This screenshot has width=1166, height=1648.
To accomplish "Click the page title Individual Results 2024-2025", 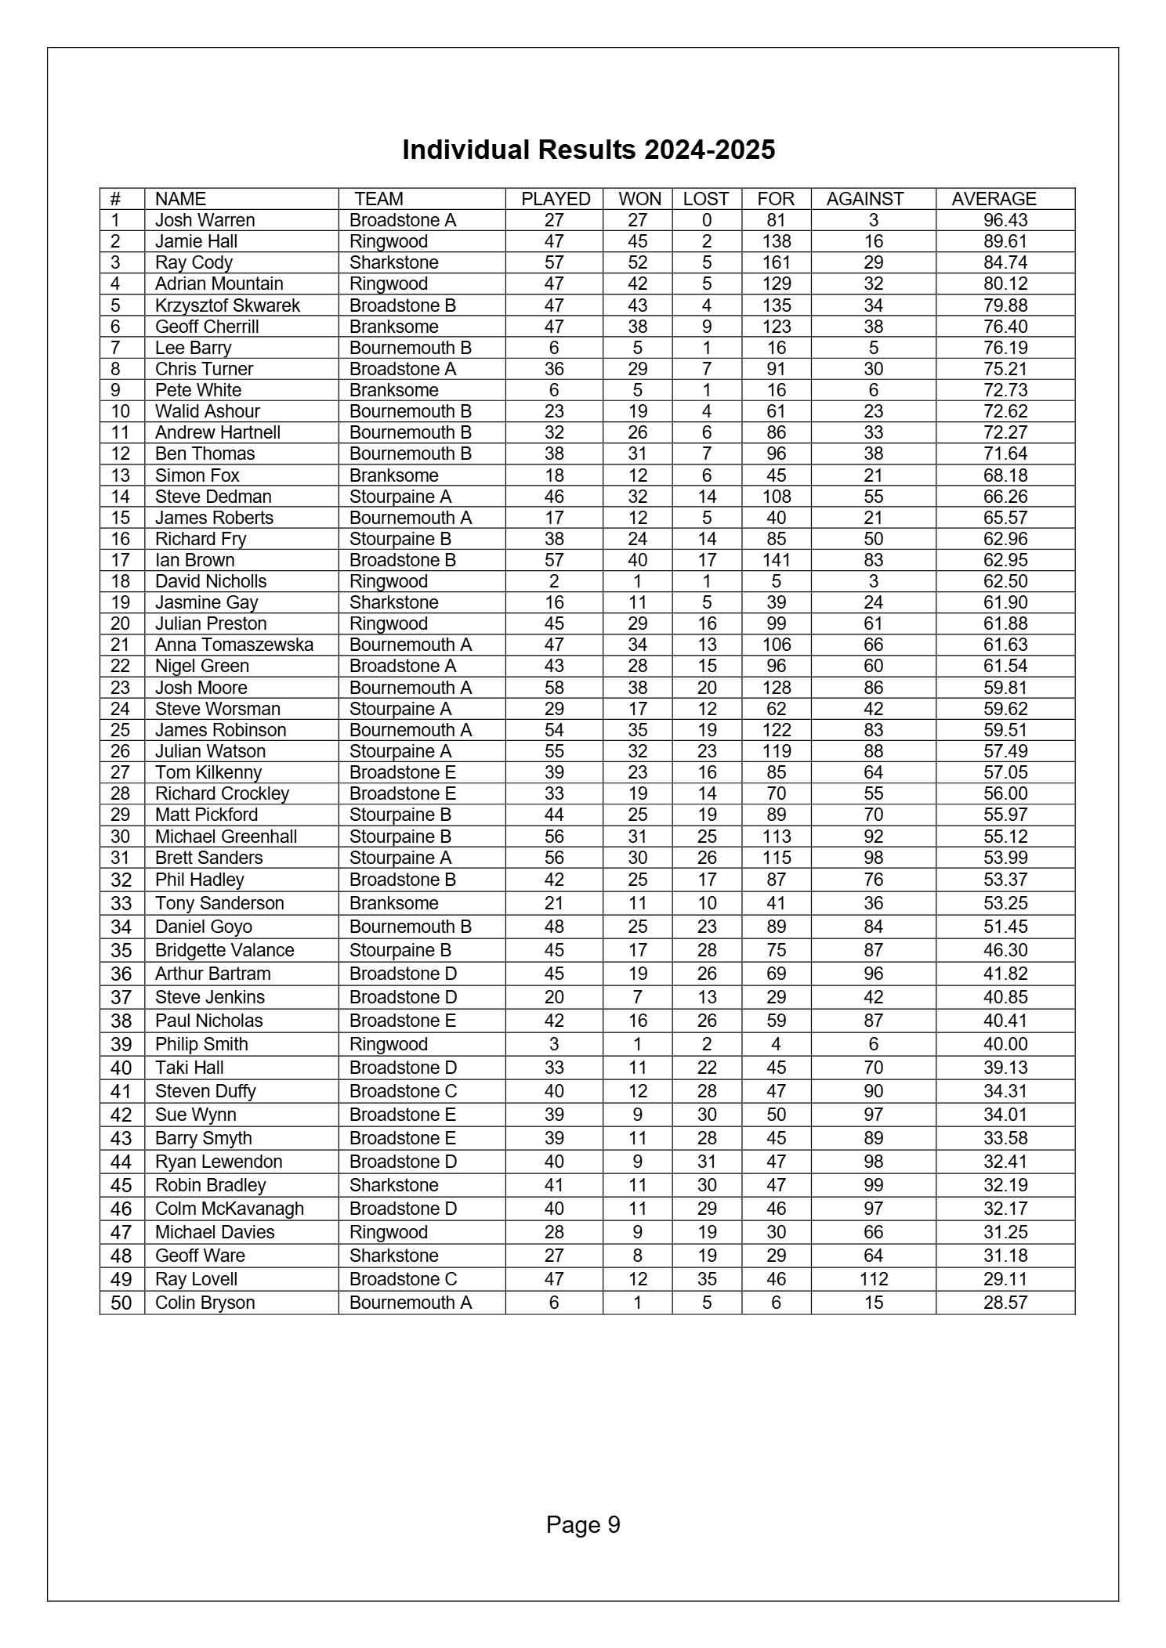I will [588, 150].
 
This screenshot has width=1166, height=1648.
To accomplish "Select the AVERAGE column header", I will [994, 199].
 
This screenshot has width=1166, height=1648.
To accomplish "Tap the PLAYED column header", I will [556, 199].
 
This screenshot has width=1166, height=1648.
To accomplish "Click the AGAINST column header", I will [865, 199].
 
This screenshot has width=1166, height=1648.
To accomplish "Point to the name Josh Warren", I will [205, 220].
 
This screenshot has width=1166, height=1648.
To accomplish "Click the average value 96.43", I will [1005, 220].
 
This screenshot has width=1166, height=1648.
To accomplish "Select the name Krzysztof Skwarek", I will [227, 305].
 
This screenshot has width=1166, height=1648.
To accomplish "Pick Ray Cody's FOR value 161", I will [776, 262].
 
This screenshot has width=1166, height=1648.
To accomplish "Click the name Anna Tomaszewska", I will [234, 645].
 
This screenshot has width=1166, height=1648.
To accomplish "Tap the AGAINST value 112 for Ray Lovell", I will [873, 1279].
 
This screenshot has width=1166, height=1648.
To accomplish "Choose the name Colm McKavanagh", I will [229, 1209].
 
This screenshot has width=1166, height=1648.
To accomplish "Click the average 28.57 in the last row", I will [1005, 1303].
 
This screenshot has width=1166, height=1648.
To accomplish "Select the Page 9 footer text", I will [583, 1525].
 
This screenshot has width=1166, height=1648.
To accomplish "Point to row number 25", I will [121, 730].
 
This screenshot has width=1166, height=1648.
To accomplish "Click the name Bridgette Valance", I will [224, 950].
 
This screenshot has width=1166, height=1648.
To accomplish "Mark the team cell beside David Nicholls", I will [389, 581].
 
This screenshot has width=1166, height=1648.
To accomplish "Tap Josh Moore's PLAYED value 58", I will [554, 688].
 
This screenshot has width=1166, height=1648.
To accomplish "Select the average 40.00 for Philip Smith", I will [1005, 1044].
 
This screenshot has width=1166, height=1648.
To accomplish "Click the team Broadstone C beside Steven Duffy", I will [403, 1091].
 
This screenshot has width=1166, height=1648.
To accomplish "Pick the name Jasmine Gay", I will [206, 602].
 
